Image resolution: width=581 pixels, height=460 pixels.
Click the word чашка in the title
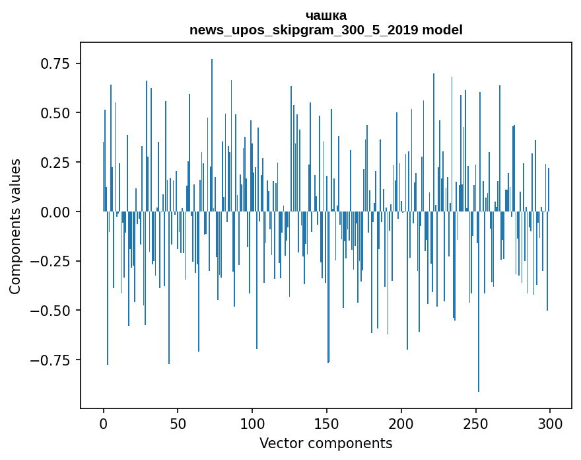tap(326, 15)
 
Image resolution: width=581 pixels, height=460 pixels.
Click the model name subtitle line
tap(326, 30)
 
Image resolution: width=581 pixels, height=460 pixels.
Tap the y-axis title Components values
tap(15, 226)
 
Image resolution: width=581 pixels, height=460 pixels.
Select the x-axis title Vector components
tap(326, 443)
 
